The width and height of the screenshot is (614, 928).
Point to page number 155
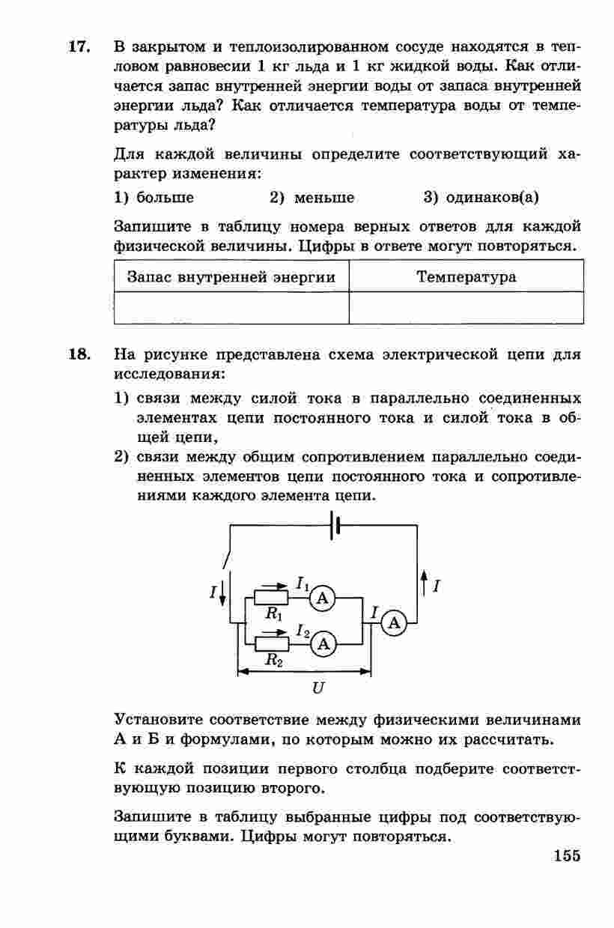point(567,855)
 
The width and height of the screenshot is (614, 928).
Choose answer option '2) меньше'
point(312,198)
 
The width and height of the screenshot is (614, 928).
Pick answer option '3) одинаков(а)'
point(481,198)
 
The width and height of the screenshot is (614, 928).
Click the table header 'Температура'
point(466,277)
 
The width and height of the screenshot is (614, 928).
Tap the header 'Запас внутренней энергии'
point(231,277)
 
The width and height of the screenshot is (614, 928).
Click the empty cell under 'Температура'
point(466,307)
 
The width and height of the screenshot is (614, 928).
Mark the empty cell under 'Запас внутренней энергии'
point(231,307)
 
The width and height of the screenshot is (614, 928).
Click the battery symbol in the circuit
point(335,525)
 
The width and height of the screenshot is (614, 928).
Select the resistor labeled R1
point(272,598)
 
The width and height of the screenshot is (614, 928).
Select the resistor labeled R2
point(272,643)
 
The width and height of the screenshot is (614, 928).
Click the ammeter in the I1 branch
point(323,598)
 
